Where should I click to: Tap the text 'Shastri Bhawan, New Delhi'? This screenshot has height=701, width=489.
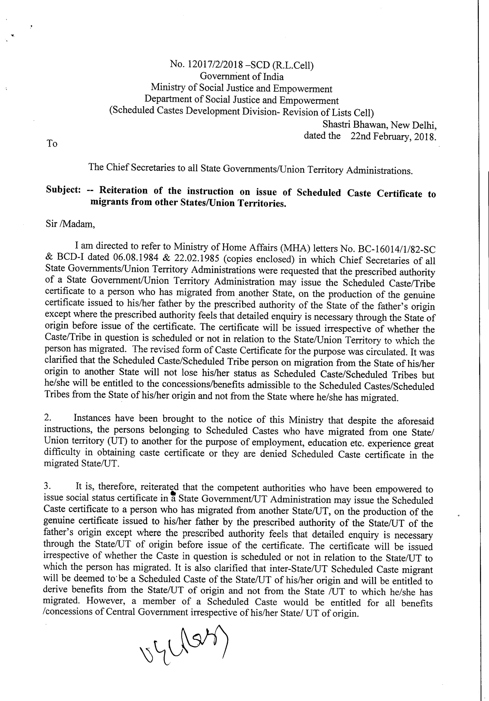pyautogui.click(x=379, y=125)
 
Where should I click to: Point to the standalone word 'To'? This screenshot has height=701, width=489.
pyautogui.click(x=52, y=143)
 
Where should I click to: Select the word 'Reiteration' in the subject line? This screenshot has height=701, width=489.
pyautogui.click(x=123, y=191)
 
